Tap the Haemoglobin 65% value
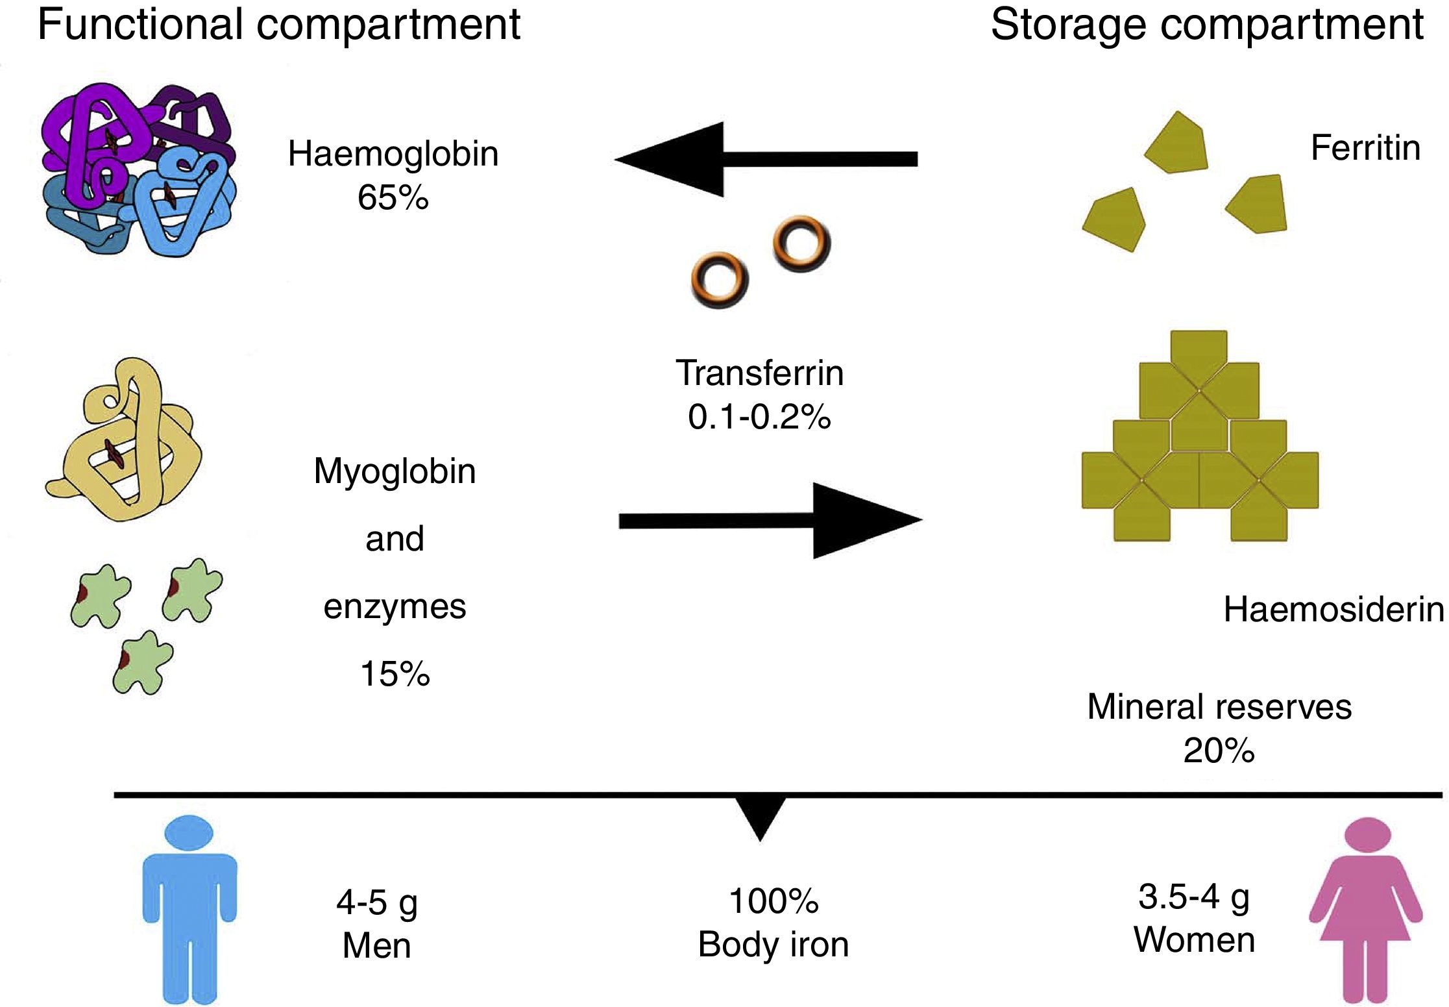coord(393,198)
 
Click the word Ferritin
coord(1365,148)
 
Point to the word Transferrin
coord(759,373)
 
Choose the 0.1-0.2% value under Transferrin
coord(759,417)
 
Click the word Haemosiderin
coord(1333,610)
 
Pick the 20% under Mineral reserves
coord(1219,751)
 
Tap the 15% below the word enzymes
coord(395,674)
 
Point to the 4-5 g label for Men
coord(376,902)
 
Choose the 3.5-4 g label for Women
coord(1194,897)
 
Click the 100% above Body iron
coord(773,901)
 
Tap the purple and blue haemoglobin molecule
coord(138,170)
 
